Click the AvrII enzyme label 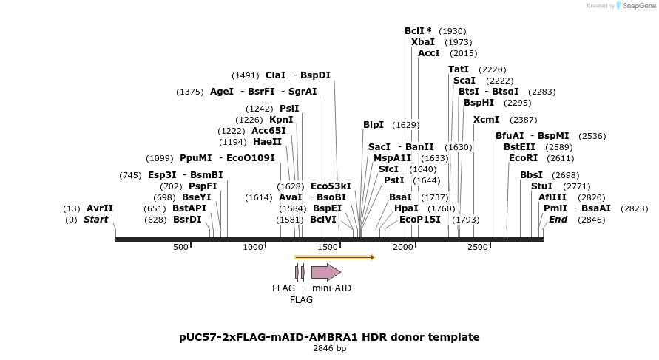click(x=100, y=208)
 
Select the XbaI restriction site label click(x=423, y=42)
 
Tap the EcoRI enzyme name click(x=523, y=157)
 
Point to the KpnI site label click(x=281, y=120)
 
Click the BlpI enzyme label click(x=374, y=125)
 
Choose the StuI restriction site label click(x=541, y=186)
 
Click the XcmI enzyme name click(x=486, y=120)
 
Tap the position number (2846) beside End click(x=591, y=220)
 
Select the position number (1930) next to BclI click(x=453, y=31)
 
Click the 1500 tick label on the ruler click(x=327, y=247)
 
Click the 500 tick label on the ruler click(x=181, y=247)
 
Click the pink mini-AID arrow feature click(x=325, y=272)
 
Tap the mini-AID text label click(x=331, y=288)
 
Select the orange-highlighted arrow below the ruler click(x=335, y=257)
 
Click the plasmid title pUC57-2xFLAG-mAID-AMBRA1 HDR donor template click(x=329, y=337)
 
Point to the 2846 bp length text click(x=329, y=349)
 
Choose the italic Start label click(x=95, y=220)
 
